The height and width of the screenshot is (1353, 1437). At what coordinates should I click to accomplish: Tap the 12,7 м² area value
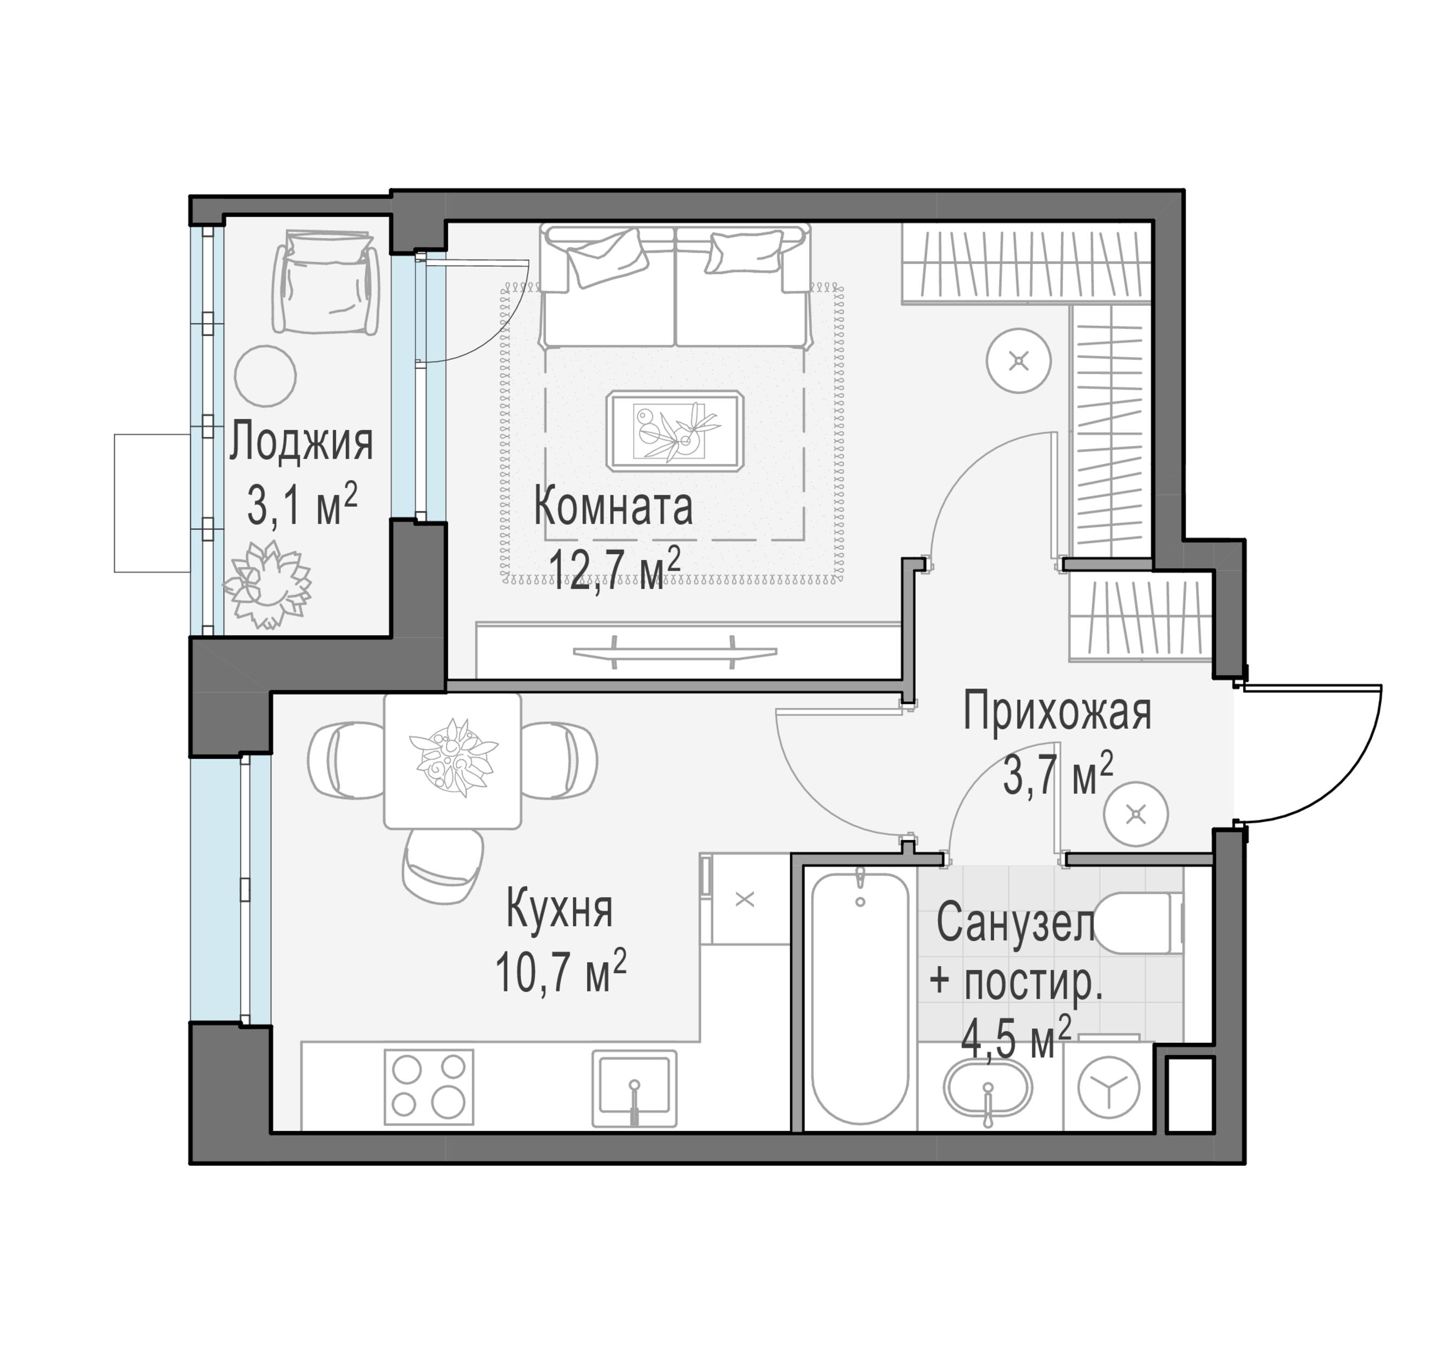pos(614,568)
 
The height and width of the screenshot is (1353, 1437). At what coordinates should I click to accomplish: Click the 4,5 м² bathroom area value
pos(1015,1039)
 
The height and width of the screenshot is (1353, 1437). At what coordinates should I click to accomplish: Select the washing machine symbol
pos(1109,1086)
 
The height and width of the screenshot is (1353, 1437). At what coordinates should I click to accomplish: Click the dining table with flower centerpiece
pos(452,760)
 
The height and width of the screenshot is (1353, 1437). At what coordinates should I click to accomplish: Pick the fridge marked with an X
pos(745,899)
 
